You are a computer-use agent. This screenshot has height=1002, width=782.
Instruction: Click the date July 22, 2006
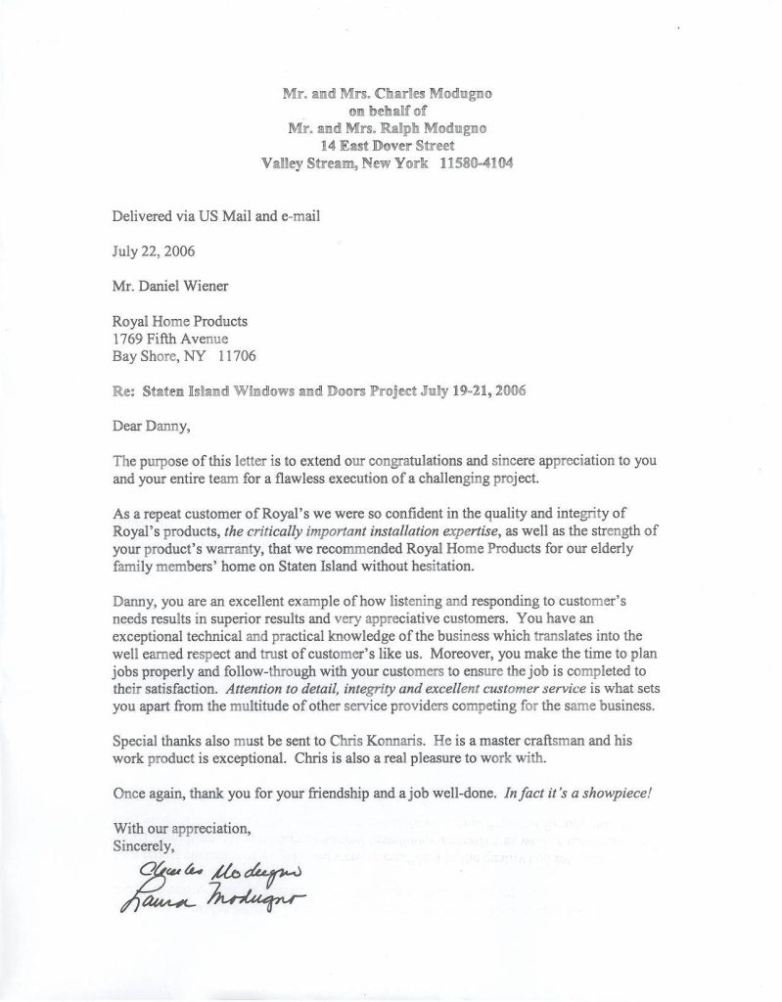tap(154, 250)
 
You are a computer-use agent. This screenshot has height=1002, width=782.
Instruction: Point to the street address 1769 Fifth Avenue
tap(171, 338)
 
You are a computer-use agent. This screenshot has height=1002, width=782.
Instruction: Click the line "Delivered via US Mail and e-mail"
tap(216, 214)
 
